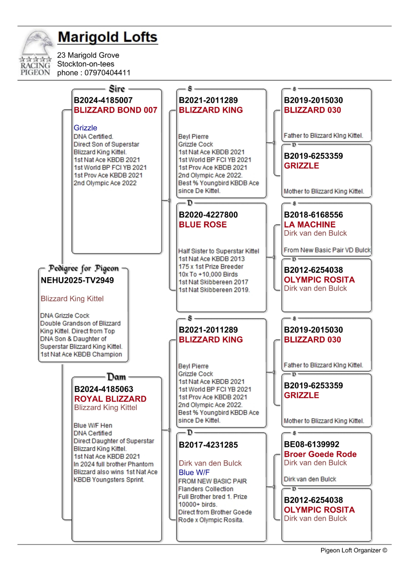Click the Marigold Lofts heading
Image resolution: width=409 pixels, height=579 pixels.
pyautogui.click(x=108, y=37)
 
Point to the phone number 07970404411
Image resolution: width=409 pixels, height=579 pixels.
pyautogui.click(x=108, y=73)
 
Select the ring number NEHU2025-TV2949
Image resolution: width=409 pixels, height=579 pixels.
pyautogui.click(x=77, y=280)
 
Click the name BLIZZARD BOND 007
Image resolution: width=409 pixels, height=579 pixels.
pyautogui.click(x=115, y=110)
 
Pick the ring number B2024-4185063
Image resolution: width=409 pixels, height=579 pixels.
pyautogui.click(x=103, y=389)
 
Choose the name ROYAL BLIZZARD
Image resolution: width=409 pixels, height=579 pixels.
pyautogui.click(x=110, y=399)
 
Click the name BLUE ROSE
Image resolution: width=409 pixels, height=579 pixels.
pyautogui.click(x=203, y=225)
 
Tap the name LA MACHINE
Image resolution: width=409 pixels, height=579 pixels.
pyautogui.click(x=310, y=224)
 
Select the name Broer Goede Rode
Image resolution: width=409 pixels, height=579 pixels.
pyautogui.click(x=320, y=454)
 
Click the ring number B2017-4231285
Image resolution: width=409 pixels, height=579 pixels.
pyautogui.click(x=208, y=445)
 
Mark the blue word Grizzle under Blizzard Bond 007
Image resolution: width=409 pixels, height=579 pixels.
pyautogui.click(x=85, y=128)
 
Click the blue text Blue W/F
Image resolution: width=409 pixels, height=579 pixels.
pyautogui.click(x=194, y=472)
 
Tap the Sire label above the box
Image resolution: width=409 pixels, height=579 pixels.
pyautogui.click(x=117, y=89)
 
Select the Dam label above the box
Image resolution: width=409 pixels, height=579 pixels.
pyautogui.click(x=116, y=377)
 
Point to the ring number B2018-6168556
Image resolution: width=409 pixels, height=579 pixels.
pyautogui.click(x=313, y=215)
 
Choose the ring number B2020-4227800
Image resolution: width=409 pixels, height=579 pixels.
pyautogui.click(x=208, y=215)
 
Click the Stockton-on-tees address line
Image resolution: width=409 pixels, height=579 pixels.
pyautogui.click(x=86, y=64)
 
